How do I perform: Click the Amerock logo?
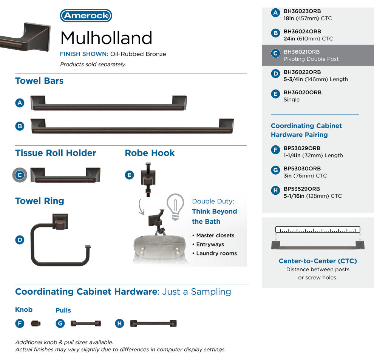point(86,15)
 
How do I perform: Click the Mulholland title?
point(106,38)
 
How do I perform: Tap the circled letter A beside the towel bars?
point(20,103)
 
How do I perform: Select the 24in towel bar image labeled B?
point(132,126)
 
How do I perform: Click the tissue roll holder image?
point(65,175)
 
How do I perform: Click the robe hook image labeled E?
point(148,177)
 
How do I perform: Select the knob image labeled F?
point(36,323)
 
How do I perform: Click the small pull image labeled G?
point(86,323)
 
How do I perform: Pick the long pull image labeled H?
point(153,323)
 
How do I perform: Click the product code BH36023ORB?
point(302,11)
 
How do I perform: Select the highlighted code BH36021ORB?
point(301,52)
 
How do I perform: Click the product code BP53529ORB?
point(302,189)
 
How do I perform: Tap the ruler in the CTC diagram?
point(317,229)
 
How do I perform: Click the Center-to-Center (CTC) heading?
point(317,261)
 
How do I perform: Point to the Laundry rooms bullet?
point(216,253)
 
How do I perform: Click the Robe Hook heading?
point(150,153)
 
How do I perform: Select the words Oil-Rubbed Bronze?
point(138,54)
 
